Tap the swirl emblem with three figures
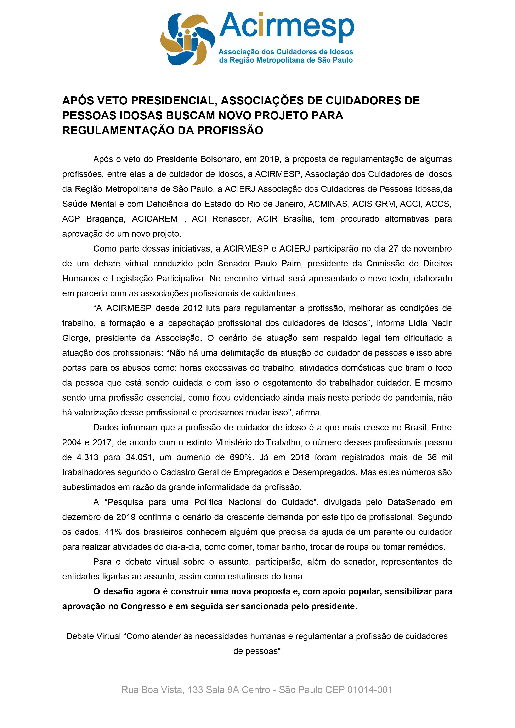(187, 39)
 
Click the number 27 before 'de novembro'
(393, 249)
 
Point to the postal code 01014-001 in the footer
(370, 690)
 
